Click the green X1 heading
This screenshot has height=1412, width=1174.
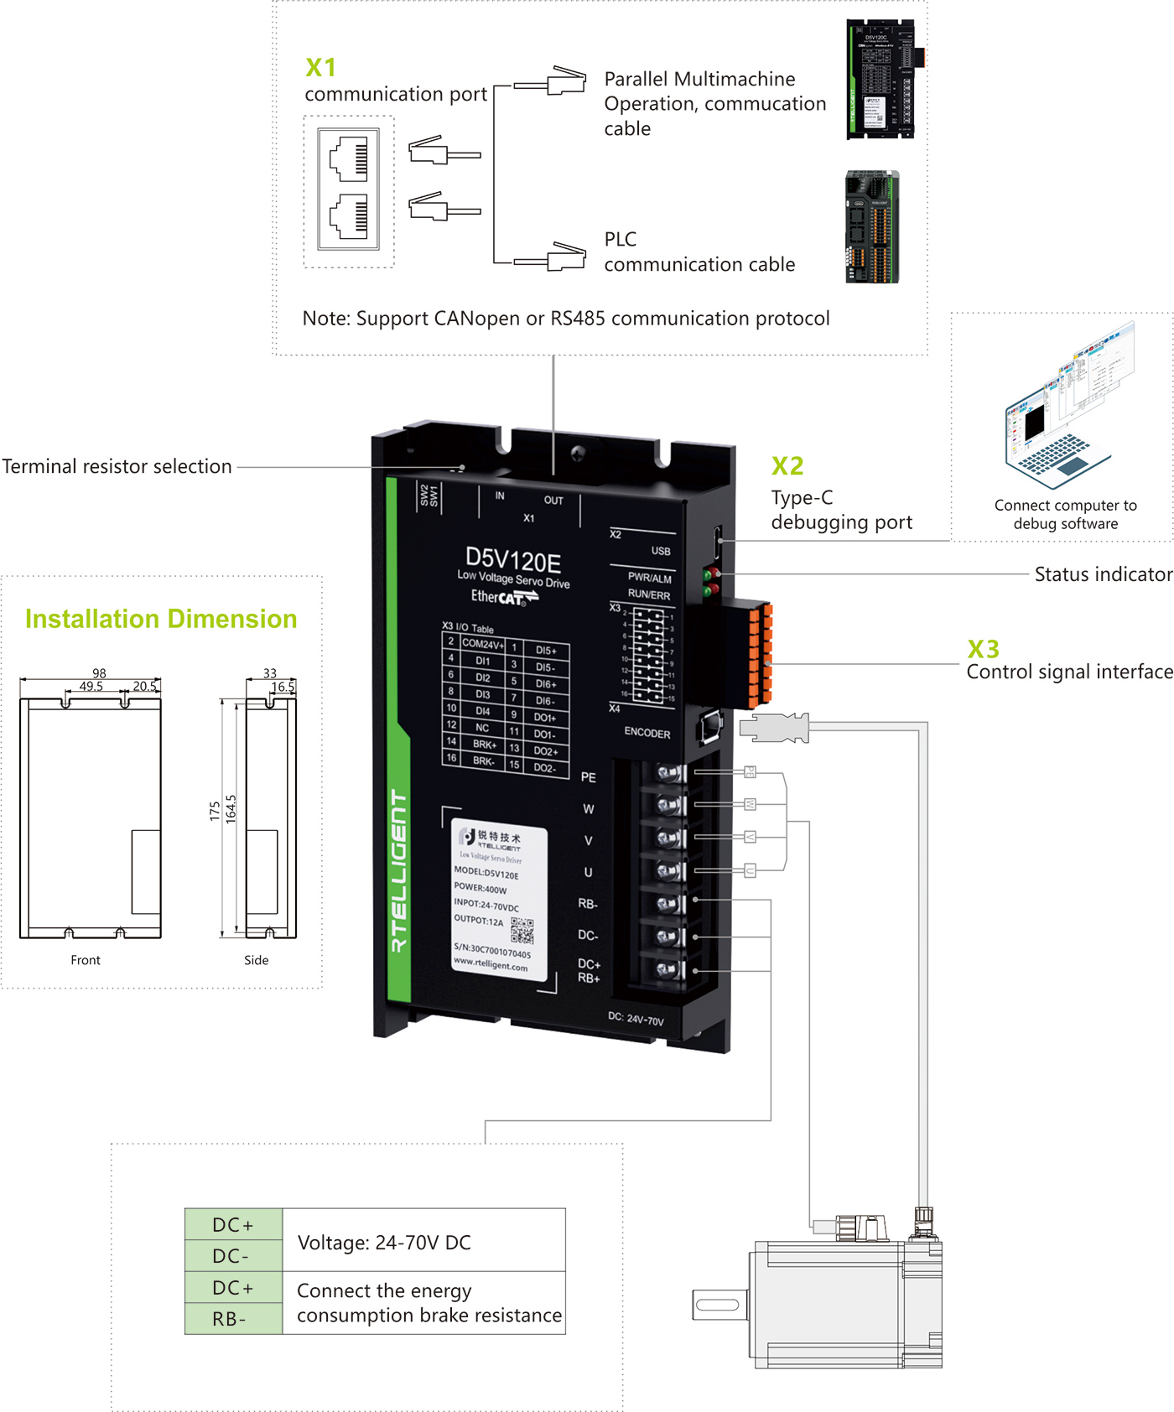(320, 67)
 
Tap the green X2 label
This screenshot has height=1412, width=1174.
(787, 466)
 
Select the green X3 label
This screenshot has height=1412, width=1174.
(983, 649)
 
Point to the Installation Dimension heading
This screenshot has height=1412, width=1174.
(161, 619)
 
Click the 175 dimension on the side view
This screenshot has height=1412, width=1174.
(215, 811)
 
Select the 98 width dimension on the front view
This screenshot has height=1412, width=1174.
(99, 673)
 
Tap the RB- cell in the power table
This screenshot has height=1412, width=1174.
(229, 1319)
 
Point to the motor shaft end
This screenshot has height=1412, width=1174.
(718, 1305)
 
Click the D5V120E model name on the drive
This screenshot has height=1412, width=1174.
(513, 560)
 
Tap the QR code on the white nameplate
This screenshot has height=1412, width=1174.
(522, 931)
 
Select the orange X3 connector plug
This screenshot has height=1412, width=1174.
(759, 654)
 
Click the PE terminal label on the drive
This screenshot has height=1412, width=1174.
(589, 777)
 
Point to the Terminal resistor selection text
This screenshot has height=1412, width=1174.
(117, 466)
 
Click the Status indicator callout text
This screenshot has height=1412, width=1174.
(1103, 574)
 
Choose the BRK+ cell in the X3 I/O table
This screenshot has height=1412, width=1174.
(484, 744)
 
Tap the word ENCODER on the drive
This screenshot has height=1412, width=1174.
(647, 732)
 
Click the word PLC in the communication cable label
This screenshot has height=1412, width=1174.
(621, 240)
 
